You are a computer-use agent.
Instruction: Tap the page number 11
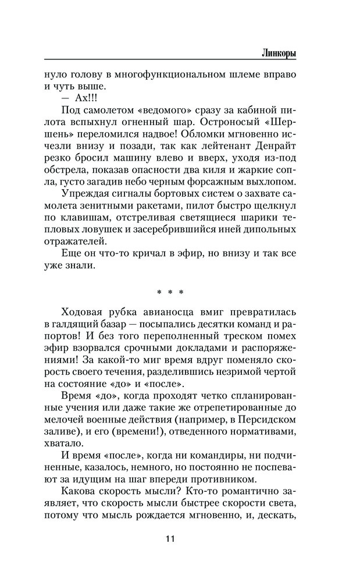click(x=169, y=538)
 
